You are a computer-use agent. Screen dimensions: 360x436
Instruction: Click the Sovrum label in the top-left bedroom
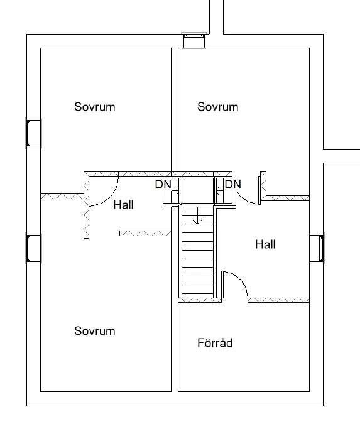94,107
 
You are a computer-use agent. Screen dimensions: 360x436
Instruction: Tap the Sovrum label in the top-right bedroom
217,107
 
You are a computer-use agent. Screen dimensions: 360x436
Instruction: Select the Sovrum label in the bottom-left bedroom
94,331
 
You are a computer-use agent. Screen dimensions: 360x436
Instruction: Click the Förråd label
215,342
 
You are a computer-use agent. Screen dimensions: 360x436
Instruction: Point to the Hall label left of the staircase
123,205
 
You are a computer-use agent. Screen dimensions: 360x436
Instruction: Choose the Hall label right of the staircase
265,244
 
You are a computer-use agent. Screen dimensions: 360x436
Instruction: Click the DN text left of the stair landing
163,184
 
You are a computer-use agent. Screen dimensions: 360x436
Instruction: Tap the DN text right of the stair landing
232,184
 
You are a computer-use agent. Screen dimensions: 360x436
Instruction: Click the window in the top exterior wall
194,41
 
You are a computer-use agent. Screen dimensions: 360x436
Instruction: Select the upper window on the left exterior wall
34,133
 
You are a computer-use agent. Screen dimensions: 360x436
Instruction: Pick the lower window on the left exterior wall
34,248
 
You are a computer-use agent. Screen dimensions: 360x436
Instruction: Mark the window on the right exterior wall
317,248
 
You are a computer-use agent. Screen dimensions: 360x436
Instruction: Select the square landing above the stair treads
197,191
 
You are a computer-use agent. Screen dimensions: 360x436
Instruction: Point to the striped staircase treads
197,253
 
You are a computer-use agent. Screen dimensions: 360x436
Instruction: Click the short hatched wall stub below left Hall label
145,233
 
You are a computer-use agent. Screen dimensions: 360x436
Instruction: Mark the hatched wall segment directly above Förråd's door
278,300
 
